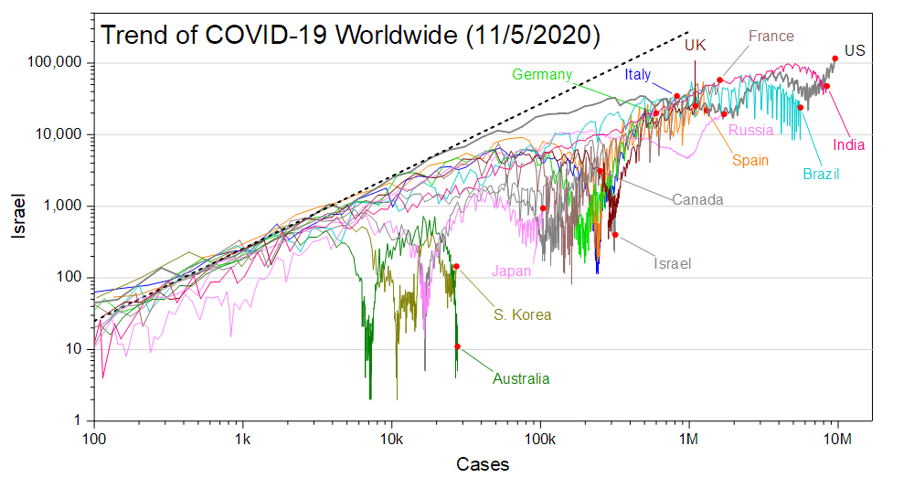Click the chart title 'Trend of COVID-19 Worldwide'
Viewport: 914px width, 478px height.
(x=350, y=36)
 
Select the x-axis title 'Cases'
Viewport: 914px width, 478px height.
(x=482, y=464)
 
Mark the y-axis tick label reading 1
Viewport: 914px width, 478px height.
(x=79, y=421)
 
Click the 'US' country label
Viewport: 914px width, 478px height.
(x=855, y=51)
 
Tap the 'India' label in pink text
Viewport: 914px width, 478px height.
(x=849, y=144)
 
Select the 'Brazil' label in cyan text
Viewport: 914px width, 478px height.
(x=821, y=175)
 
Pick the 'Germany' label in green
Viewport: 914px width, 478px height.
(x=542, y=75)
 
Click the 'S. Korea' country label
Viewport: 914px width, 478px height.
(x=523, y=315)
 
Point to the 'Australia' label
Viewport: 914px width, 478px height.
(x=522, y=378)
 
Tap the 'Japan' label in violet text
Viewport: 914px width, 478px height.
(x=512, y=271)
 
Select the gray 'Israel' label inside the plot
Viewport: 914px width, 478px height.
(x=672, y=264)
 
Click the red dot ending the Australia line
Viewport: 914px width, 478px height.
(x=457, y=346)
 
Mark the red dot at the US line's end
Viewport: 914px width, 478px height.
(x=834, y=58)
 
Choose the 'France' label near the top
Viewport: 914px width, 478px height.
(x=771, y=37)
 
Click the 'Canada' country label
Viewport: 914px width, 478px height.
(x=698, y=199)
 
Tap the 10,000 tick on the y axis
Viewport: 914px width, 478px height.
(x=63, y=134)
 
